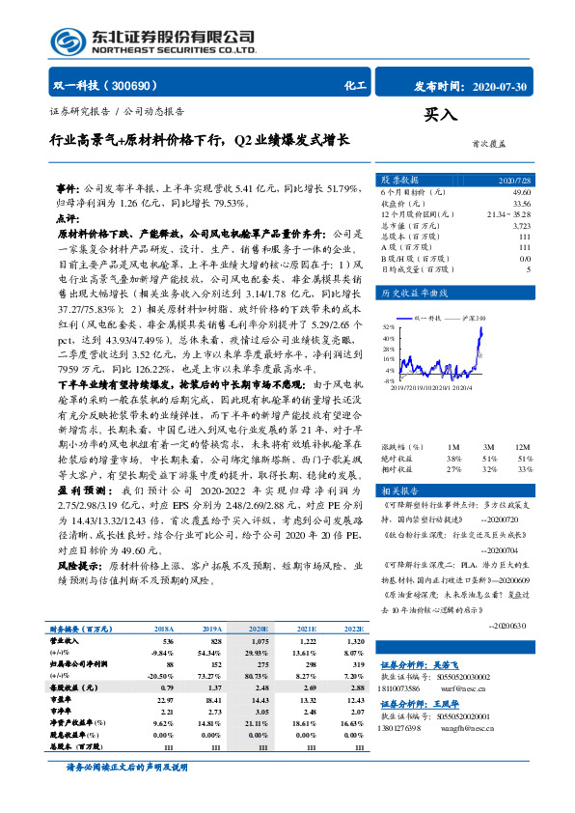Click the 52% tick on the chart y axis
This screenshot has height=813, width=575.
click(388, 327)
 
